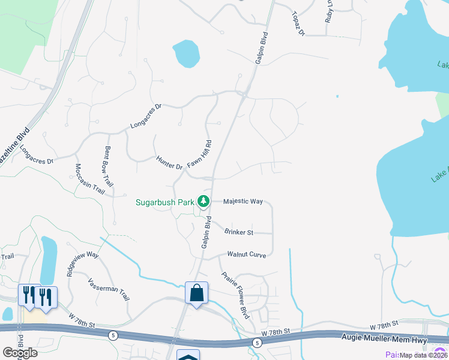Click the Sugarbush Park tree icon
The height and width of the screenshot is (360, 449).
click(x=204, y=201)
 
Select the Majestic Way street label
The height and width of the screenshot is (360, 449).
click(x=243, y=202)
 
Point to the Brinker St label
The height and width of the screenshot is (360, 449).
click(x=239, y=232)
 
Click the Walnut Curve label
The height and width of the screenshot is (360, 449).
click(x=246, y=254)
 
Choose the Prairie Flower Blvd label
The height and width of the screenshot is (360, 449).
click(x=235, y=295)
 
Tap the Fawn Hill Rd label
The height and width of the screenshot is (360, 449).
click(x=200, y=154)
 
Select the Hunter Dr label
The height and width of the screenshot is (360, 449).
click(x=169, y=162)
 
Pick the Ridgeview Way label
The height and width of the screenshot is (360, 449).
click(x=82, y=262)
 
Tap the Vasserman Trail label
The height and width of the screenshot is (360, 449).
click(x=109, y=289)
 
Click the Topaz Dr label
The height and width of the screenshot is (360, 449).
click(x=298, y=23)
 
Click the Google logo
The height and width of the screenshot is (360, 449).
click(x=20, y=353)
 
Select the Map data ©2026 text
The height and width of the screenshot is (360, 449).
click(x=423, y=355)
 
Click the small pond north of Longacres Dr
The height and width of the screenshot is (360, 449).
click(x=186, y=54)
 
